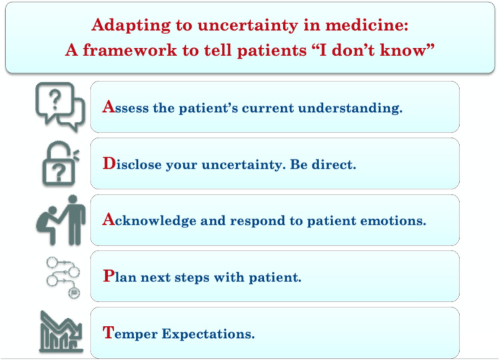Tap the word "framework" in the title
(x=130, y=51)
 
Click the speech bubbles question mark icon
(x=60, y=107)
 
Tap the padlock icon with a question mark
(x=61, y=163)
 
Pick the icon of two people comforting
(x=61, y=220)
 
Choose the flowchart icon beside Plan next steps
(x=63, y=277)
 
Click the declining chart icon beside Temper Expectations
(x=61, y=332)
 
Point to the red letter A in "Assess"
(x=108, y=107)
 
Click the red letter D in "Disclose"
(x=109, y=163)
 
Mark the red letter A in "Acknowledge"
(x=108, y=219)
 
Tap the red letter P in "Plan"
(x=108, y=275)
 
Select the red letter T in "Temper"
(x=108, y=332)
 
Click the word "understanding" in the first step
(x=350, y=108)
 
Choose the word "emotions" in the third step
(x=393, y=221)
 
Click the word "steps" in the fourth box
(x=193, y=278)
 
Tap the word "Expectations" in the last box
(x=208, y=334)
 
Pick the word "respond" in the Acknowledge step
(x=257, y=221)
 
